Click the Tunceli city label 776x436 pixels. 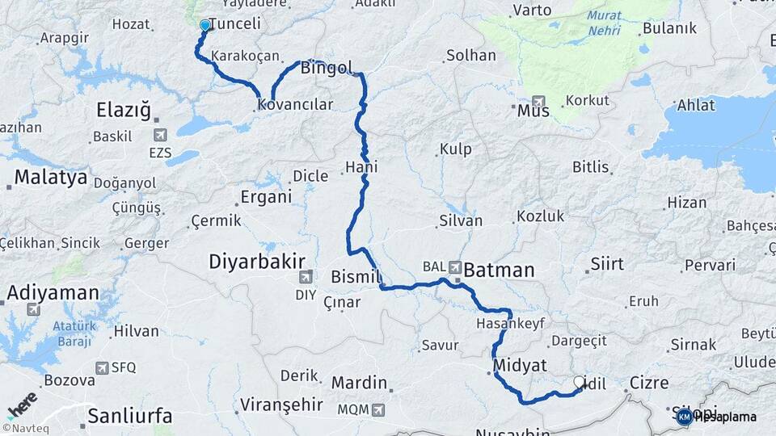[234, 24]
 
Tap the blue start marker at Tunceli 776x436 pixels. [205, 26]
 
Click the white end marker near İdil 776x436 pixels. [579, 382]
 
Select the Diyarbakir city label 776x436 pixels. [257, 262]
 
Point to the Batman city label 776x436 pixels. [499, 270]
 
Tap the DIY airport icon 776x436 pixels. [306, 278]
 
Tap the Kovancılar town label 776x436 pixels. [295, 105]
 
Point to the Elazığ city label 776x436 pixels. [124, 111]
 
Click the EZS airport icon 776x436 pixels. [160, 135]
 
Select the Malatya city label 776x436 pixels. [50, 178]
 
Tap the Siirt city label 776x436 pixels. [607, 263]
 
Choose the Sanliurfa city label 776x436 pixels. [129, 417]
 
